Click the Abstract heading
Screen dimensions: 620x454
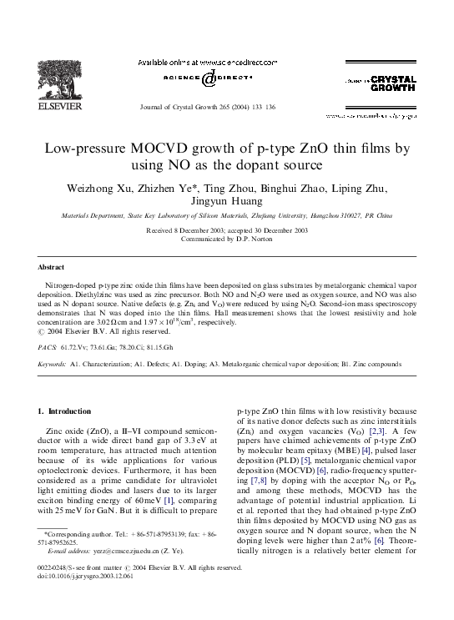tap(50, 268)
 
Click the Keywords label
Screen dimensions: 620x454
tap(53, 388)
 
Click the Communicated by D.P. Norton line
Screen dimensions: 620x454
tap(226, 238)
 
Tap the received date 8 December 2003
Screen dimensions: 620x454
tap(194, 229)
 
